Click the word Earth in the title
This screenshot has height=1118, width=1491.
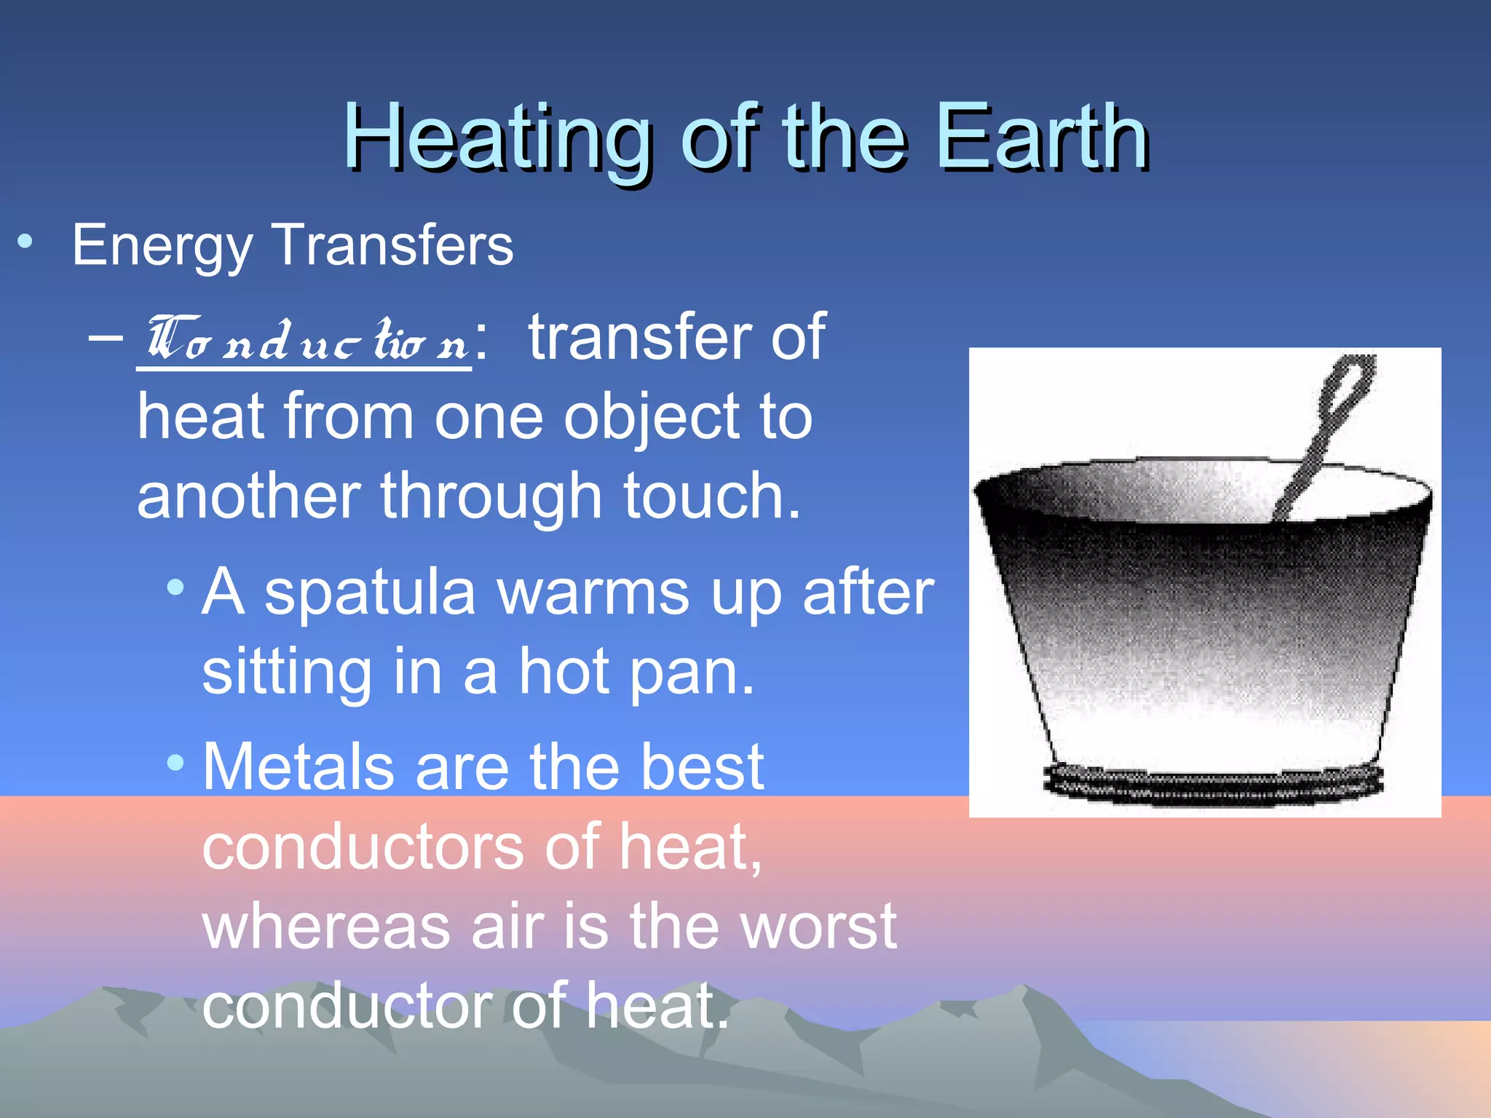[x=1042, y=138]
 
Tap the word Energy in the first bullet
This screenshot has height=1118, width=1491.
[x=162, y=246]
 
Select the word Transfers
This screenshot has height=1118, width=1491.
[x=392, y=245]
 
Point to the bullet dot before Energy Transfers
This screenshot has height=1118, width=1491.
[x=25, y=242]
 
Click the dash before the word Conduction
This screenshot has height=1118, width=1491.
[x=106, y=337]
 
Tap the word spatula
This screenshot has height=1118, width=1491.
[x=369, y=592]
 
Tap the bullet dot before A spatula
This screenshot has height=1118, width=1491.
[x=175, y=587]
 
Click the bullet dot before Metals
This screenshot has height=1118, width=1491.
[x=175, y=763]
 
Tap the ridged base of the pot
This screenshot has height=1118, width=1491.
[x=1212, y=785]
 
